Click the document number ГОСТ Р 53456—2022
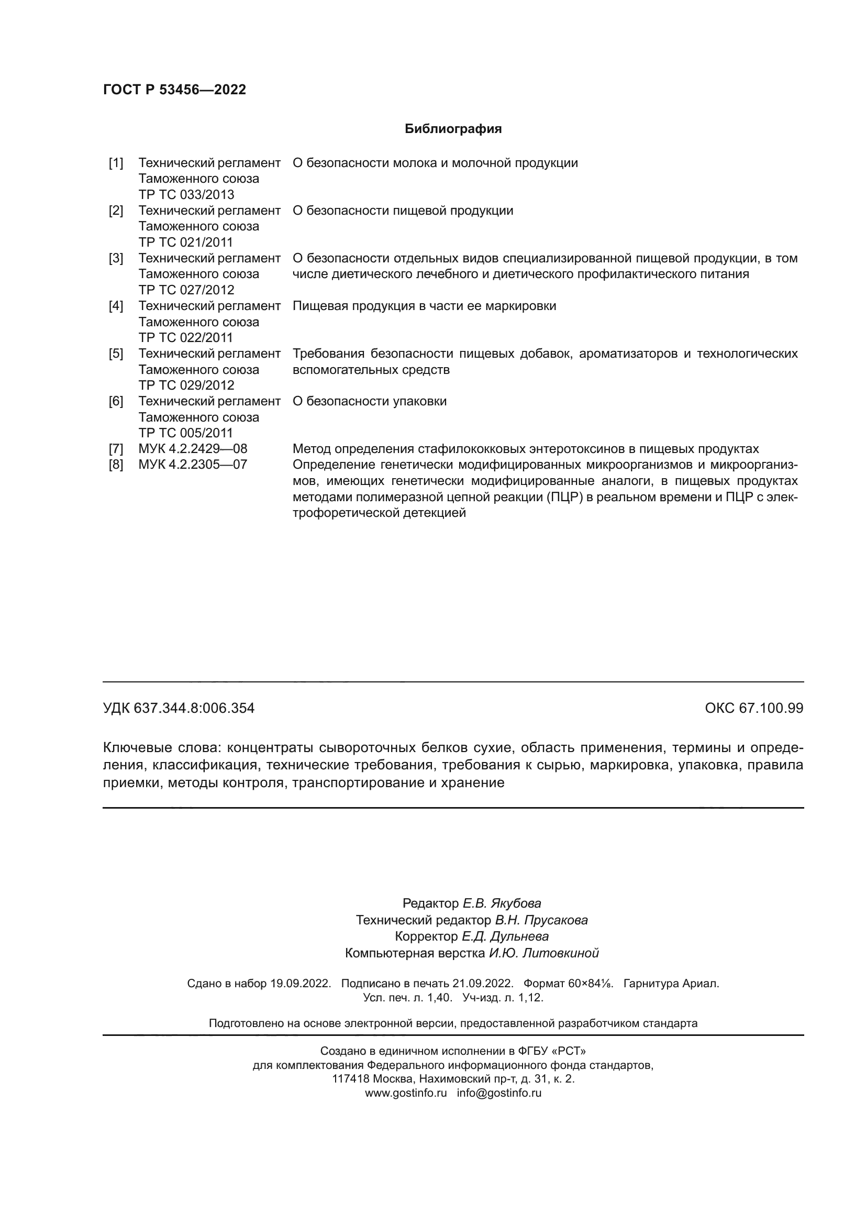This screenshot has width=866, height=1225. [x=174, y=90]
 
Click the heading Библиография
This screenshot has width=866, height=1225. [x=453, y=129]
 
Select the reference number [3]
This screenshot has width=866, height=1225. [x=116, y=258]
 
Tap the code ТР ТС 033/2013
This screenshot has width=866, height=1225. [x=186, y=194]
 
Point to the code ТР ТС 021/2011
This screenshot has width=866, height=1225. [x=185, y=242]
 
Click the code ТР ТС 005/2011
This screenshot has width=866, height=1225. [x=185, y=433]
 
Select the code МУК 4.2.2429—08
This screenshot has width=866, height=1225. [x=193, y=449]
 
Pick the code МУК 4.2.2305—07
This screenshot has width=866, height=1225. [x=193, y=464]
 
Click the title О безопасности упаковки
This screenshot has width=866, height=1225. [x=369, y=401]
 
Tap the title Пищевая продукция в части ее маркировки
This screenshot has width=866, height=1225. [x=424, y=306]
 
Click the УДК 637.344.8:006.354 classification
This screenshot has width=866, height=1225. [x=179, y=708]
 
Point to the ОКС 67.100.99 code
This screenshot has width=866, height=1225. [x=753, y=708]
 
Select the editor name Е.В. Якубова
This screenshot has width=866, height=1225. [x=501, y=903]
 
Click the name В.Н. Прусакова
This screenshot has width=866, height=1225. [x=541, y=920]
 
